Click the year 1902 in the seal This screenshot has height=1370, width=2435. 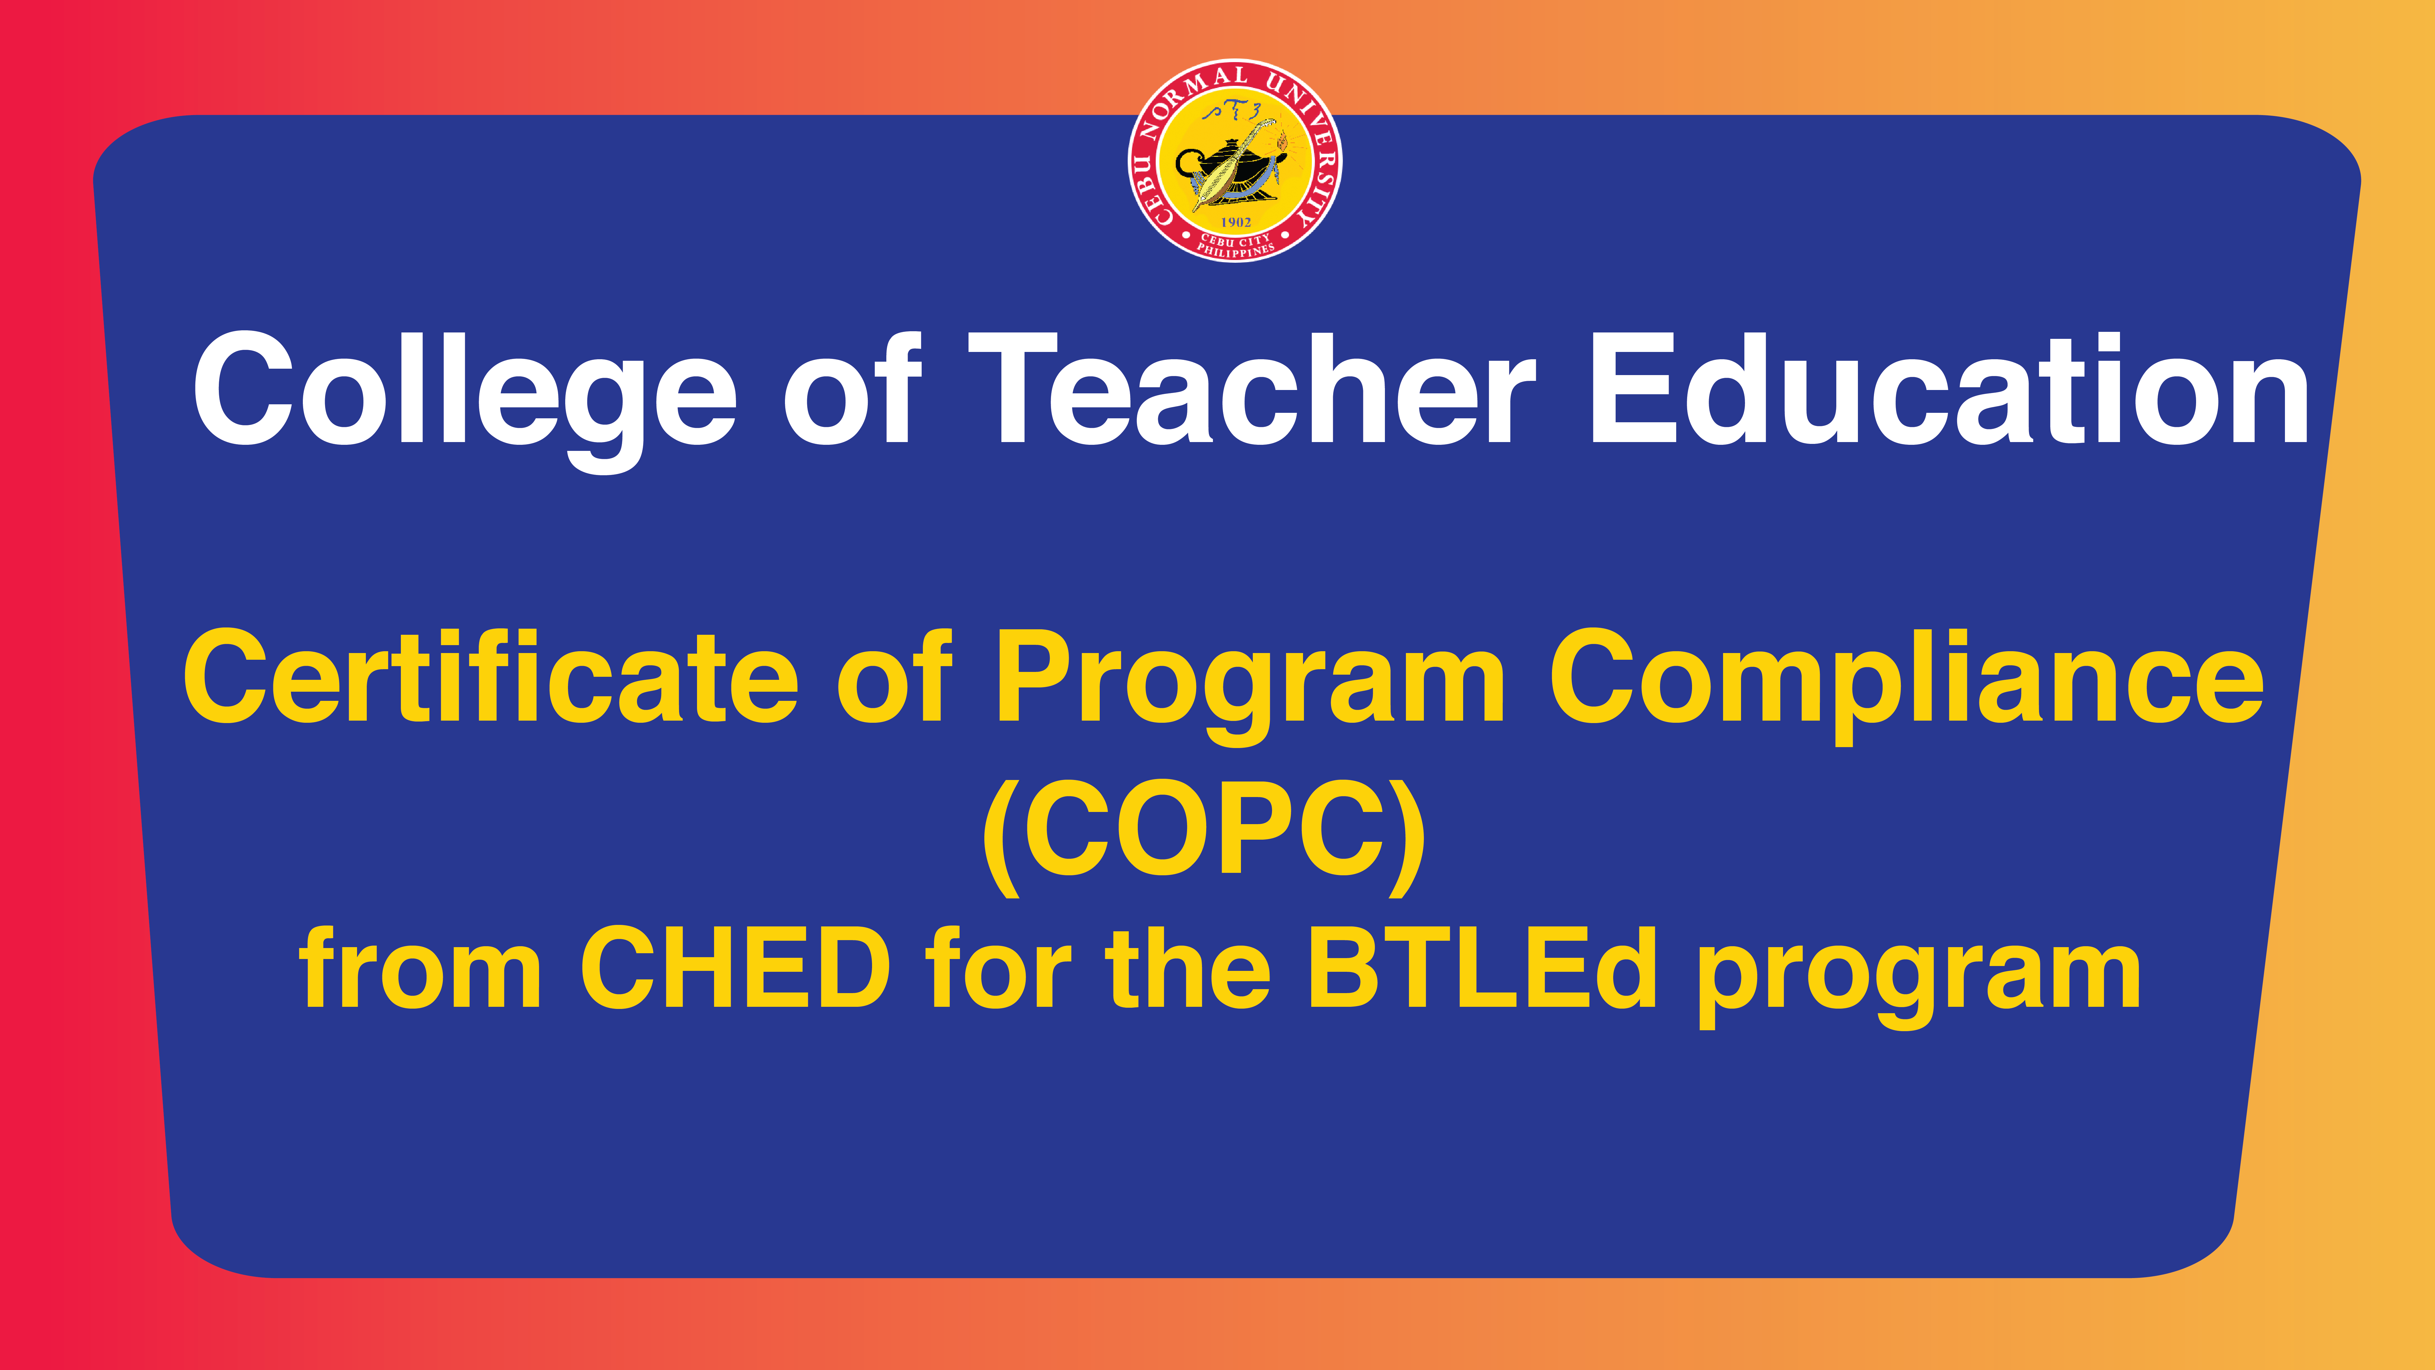point(1235,222)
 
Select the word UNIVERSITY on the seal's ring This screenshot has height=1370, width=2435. point(1309,142)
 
